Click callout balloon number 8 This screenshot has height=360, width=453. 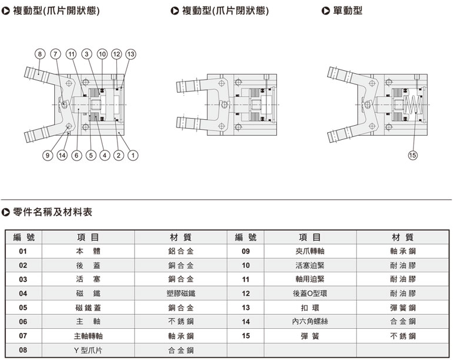40,54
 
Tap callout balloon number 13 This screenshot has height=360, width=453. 131,54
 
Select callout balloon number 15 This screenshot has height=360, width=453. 412,155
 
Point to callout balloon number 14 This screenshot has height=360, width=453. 61,155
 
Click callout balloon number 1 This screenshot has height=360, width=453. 133,155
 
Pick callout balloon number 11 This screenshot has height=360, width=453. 71,54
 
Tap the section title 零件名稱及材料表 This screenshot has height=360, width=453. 52,211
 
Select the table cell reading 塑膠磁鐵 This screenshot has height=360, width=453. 181,293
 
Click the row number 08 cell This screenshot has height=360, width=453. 23,350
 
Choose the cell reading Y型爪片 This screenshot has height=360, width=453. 88,350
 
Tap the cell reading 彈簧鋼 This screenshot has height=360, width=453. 403,307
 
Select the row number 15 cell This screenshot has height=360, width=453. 246,336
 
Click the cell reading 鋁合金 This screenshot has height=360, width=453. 181,251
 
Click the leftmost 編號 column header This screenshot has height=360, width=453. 24,237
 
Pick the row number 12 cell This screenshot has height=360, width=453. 246,293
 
